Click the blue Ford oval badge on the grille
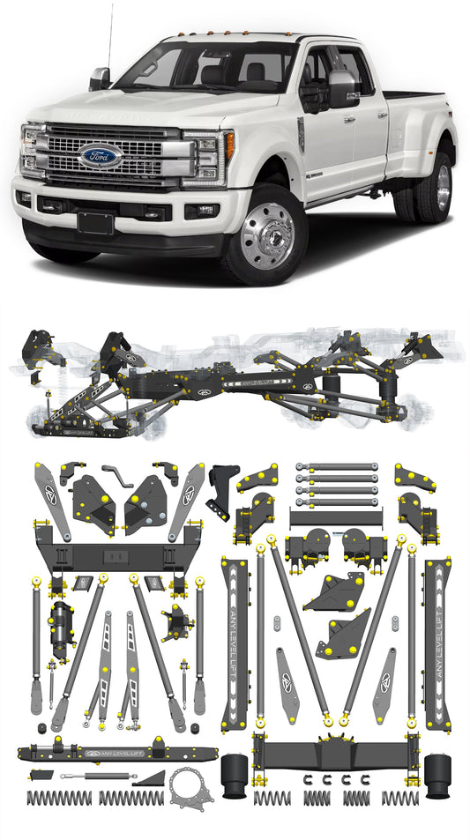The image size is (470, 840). [101, 156]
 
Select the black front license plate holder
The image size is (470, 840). [95, 222]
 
